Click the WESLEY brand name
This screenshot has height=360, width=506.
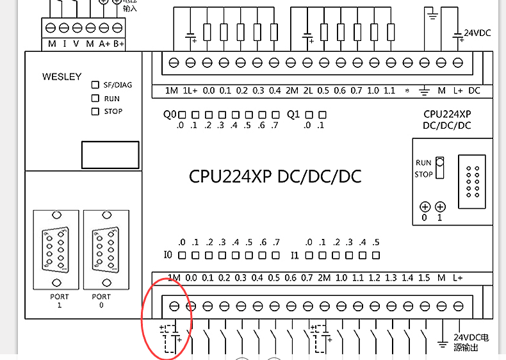click(62, 77)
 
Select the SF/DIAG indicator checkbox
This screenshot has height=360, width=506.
click(95, 85)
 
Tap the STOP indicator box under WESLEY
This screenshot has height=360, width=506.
click(95, 111)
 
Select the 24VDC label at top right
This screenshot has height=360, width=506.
click(477, 33)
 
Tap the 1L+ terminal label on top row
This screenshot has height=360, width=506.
click(190, 91)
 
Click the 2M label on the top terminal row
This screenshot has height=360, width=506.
click(292, 91)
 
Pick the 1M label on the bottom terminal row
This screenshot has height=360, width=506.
click(174, 278)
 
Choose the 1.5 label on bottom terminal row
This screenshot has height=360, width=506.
click(424, 278)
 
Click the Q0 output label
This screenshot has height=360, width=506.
click(169, 115)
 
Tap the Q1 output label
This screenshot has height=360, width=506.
click(293, 115)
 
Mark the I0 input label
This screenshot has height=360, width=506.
click(168, 256)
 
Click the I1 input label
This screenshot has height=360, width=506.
click(295, 256)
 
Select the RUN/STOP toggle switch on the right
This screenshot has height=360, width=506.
click(439, 168)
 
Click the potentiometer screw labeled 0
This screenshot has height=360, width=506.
click(424, 207)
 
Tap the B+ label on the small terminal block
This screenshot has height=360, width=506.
click(118, 44)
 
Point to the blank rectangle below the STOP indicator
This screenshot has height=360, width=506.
click(110, 155)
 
